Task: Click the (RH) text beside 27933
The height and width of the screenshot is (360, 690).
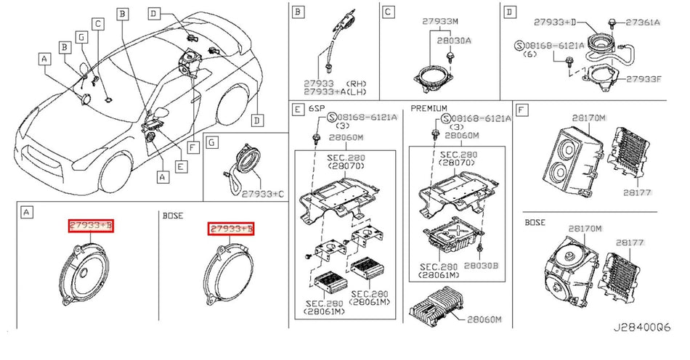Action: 357,83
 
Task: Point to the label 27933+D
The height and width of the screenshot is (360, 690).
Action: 560,23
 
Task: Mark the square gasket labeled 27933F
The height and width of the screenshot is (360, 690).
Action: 598,77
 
